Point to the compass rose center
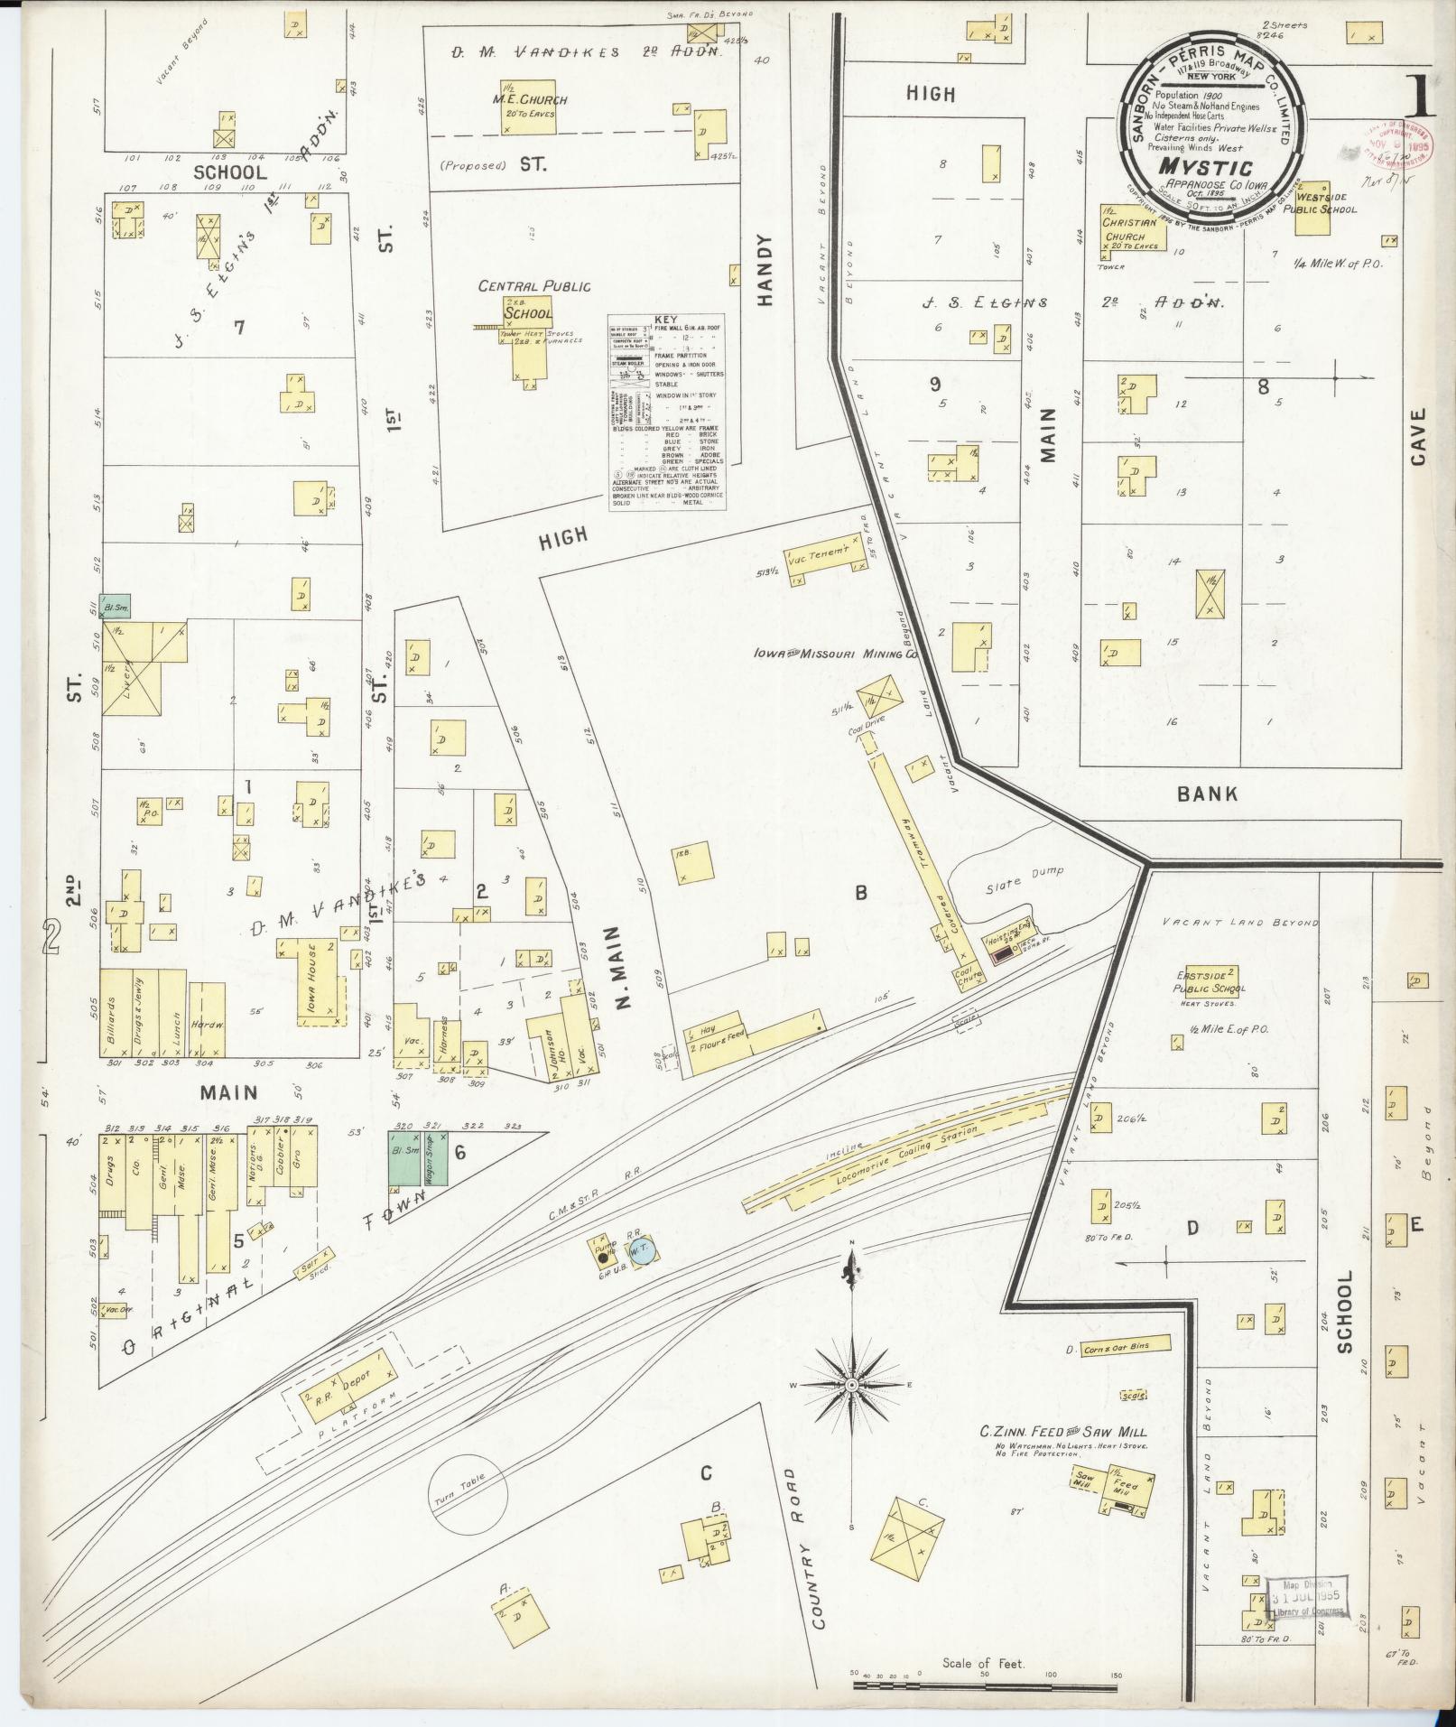[852, 1385]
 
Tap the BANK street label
[1207, 794]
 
